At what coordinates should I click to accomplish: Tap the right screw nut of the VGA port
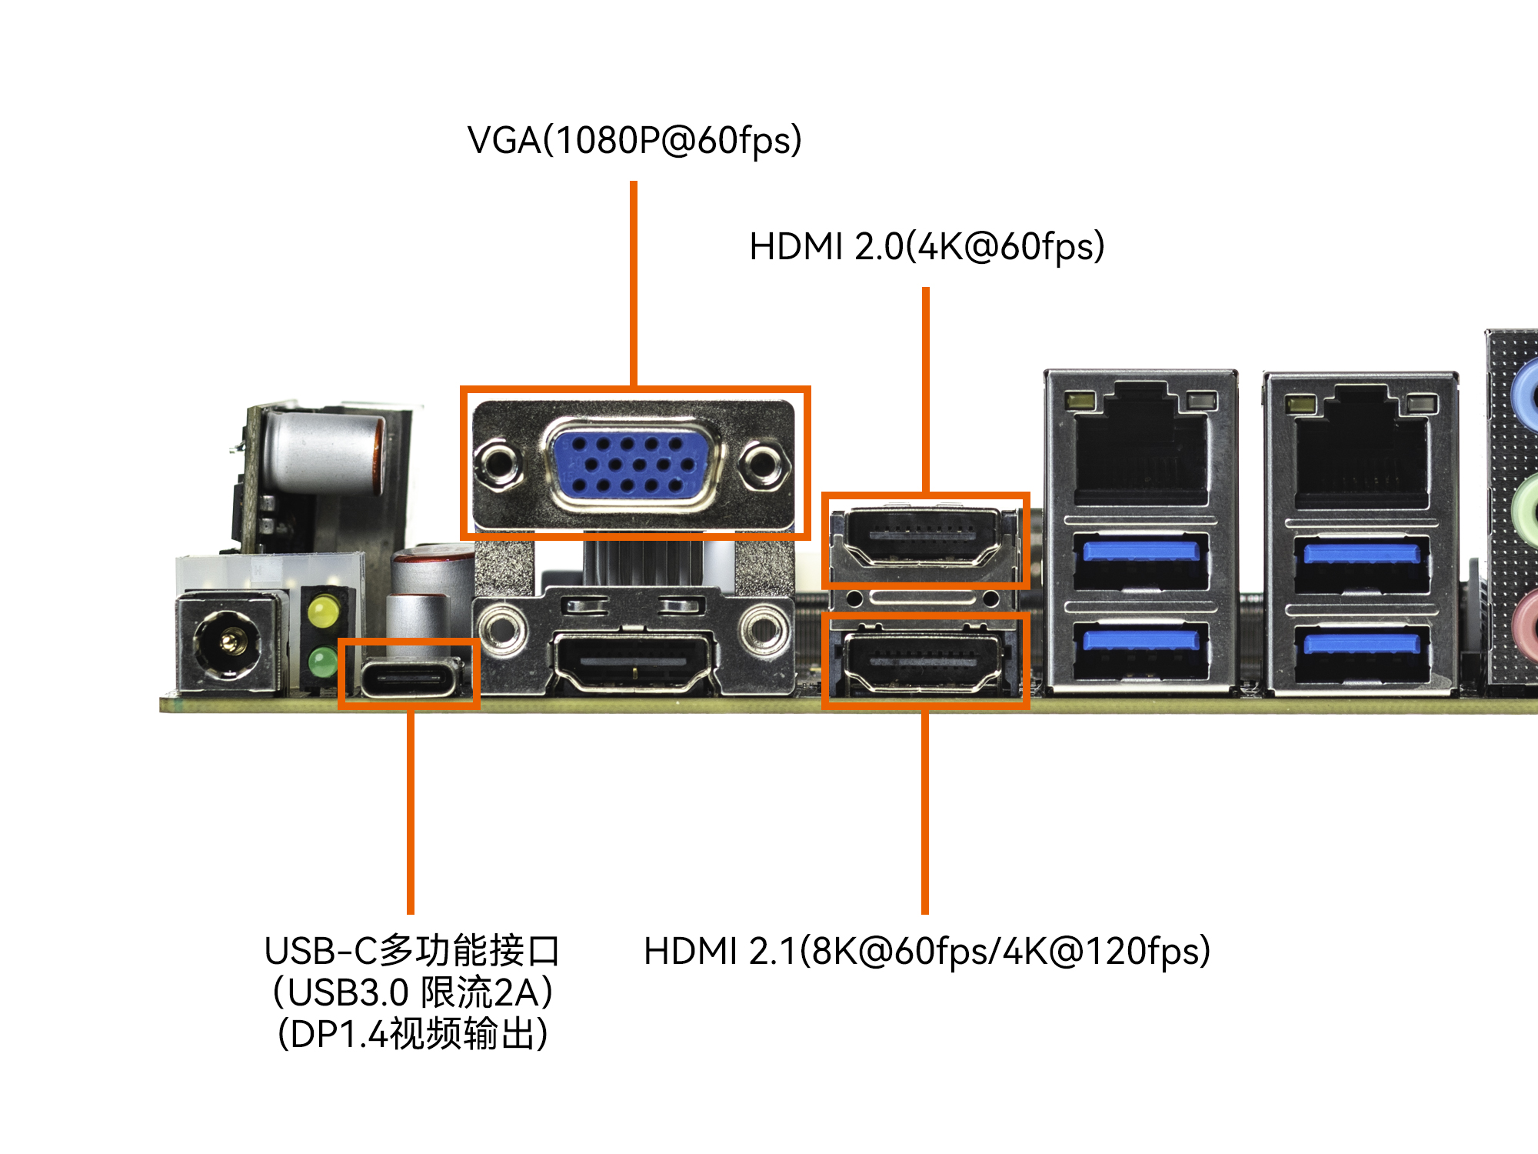click(764, 464)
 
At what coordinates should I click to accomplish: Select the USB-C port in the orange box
click(410, 677)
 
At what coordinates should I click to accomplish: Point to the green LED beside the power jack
click(323, 660)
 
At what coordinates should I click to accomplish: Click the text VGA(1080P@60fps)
click(634, 141)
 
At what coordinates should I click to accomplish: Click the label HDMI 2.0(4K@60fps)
click(927, 247)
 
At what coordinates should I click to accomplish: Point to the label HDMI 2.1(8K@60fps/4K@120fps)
click(927, 952)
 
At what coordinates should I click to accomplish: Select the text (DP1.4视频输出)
click(413, 1034)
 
